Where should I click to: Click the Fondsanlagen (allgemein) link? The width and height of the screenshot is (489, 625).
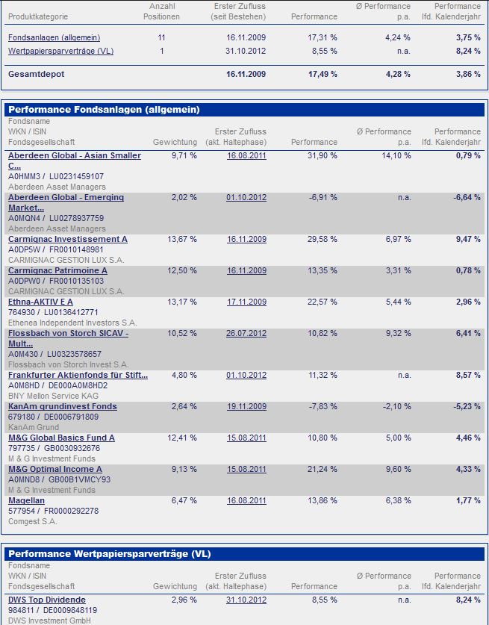pyautogui.click(x=54, y=37)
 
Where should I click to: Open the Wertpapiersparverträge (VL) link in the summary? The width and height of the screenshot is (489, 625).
pyautogui.click(x=60, y=51)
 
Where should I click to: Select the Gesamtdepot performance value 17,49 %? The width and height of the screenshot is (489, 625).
pyautogui.click(x=323, y=75)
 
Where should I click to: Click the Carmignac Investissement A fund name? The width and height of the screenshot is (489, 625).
pyautogui.click(x=67, y=239)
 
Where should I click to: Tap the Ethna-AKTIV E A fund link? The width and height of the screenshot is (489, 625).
pyautogui.click(x=40, y=302)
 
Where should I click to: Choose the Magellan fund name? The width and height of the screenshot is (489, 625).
pyautogui.click(x=26, y=500)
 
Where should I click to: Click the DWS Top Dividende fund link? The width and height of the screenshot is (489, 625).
pyautogui.click(x=46, y=600)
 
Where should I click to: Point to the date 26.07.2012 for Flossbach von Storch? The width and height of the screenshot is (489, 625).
pyautogui.click(x=246, y=333)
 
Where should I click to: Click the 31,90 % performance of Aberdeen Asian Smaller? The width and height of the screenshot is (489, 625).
pyautogui.click(x=323, y=155)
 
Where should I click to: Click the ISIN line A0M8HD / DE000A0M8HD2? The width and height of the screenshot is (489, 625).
pyautogui.click(x=57, y=385)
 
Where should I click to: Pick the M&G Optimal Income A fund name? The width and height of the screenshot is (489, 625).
pyautogui.click(x=54, y=469)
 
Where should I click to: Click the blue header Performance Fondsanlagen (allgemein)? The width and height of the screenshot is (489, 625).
pyautogui.click(x=104, y=110)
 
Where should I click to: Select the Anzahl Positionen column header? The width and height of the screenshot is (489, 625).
pyautogui.click(x=161, y=11)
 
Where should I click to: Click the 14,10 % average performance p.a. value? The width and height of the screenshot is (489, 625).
pyautogui.click(x=396, y=155)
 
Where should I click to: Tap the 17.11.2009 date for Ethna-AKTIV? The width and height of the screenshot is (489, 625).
pyautogui.click(x=246, y=302)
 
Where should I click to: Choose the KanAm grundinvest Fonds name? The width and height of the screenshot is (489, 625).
pyautogui.click(x=62, y=406)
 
